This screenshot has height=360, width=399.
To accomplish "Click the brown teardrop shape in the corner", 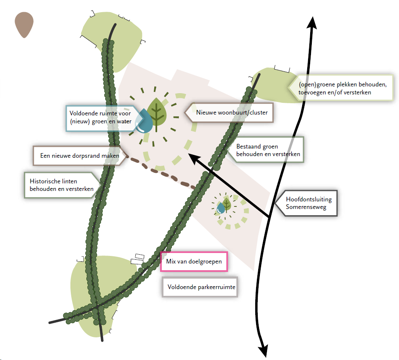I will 24,24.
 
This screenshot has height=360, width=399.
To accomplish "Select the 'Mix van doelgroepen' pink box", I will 194,261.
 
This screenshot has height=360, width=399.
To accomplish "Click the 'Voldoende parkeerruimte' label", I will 200,287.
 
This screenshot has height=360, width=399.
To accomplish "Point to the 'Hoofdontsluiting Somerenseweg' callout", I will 308,203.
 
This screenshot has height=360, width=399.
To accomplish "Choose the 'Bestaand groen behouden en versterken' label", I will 267,150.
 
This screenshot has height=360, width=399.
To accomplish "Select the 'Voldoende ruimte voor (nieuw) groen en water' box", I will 100,117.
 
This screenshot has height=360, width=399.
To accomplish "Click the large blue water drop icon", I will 145,122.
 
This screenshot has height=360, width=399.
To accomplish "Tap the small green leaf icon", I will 227,204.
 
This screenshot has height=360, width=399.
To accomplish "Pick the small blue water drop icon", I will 220,208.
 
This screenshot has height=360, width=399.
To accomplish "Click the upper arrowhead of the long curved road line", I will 312,22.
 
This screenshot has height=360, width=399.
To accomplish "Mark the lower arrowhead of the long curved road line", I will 264,351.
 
